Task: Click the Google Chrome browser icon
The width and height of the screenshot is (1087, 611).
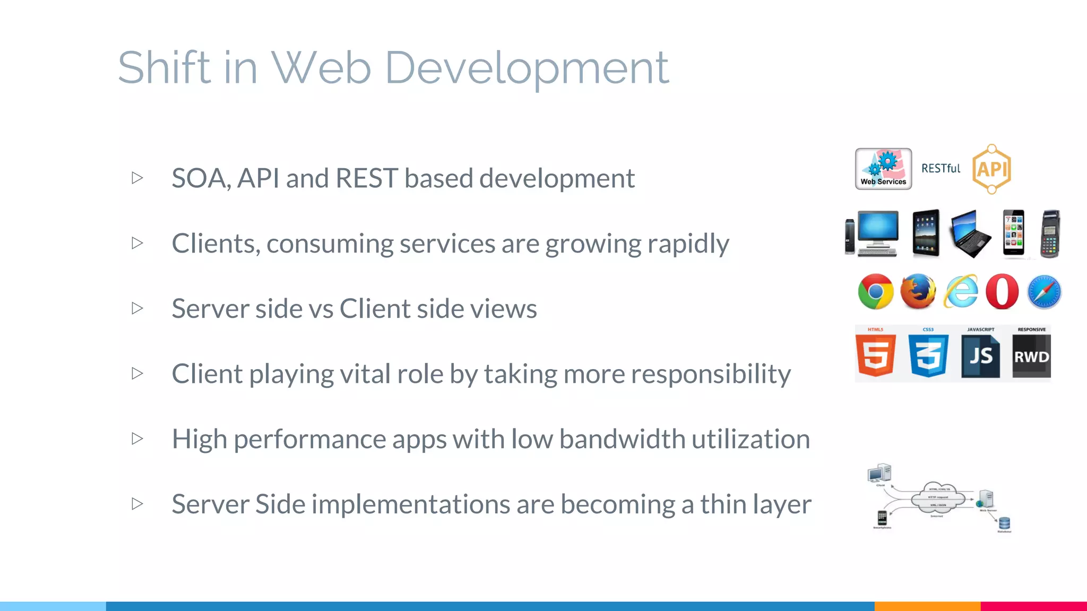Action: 876,292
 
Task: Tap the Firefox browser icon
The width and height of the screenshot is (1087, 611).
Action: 918,292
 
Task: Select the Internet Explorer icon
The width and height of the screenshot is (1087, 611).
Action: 961,292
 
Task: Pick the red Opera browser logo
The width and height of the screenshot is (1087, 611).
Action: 1002,292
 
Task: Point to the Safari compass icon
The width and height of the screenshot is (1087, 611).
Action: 1044,292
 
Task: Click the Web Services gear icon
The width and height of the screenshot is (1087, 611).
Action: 884,169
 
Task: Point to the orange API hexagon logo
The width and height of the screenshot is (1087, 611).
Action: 991,169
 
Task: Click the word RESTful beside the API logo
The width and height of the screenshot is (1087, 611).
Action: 941,169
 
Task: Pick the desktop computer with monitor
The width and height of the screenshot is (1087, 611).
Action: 877,233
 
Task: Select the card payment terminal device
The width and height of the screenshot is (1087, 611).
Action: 1050,234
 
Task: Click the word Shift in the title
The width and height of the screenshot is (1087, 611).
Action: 164,68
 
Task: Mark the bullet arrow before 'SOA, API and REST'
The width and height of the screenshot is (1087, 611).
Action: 137,178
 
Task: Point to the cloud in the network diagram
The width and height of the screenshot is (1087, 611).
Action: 938,498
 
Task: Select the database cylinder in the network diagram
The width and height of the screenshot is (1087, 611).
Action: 1004,523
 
